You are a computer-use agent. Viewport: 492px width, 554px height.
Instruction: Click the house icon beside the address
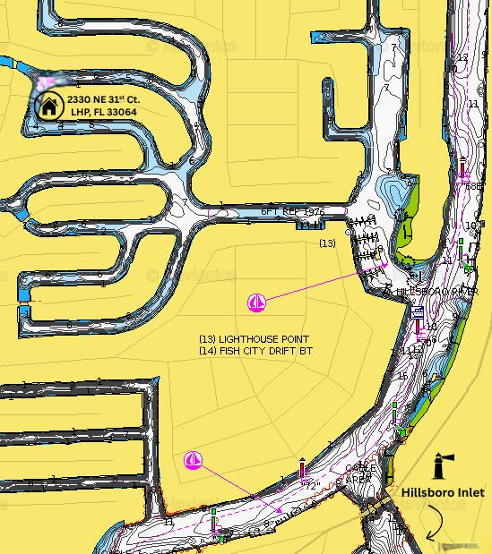pyautogui.click(x=48, y=107)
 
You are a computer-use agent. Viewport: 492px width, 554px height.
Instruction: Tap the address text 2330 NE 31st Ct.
pyautogui.click(x=103, y=99)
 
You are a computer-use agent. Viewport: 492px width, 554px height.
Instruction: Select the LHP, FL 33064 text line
pyautogui.click(x=103, y=112)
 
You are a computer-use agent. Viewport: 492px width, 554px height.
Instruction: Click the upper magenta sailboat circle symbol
pyautogui.click(x=256, y=303)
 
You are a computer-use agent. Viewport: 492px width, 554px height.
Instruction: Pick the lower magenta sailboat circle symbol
pyautogui.click(x=193, y=460)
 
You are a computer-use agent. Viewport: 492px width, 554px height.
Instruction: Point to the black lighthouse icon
pyautogui.click(x=441, y=465)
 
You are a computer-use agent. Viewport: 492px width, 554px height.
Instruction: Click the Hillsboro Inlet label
pyautogui.click(x=442, y=492)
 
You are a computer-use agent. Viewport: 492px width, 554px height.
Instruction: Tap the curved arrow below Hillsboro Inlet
pyautogui.click(x=434, y=524)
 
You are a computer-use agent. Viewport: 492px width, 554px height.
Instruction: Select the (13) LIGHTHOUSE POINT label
pyautogui.click(x=254, y=340)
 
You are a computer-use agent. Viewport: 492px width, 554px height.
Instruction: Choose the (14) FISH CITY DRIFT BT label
pyautogui.click(x=255, y=352)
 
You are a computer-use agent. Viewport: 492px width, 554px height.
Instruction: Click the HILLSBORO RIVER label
pyautogui.click(x=437, y=293)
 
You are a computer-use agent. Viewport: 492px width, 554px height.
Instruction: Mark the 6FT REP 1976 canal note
pyautogui.click(x=292, y=211)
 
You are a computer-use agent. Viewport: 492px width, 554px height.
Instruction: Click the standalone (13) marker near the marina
pyautogui.click(x=327, y=243)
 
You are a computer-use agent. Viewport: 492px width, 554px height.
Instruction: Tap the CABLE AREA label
pyautogui.click(x=360, y=473)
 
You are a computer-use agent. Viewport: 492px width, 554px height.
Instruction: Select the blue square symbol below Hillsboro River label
pyautogui.click(x=418, y=312)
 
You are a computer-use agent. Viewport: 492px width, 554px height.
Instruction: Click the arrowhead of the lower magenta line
pyautogui.click(x=281, y=511)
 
